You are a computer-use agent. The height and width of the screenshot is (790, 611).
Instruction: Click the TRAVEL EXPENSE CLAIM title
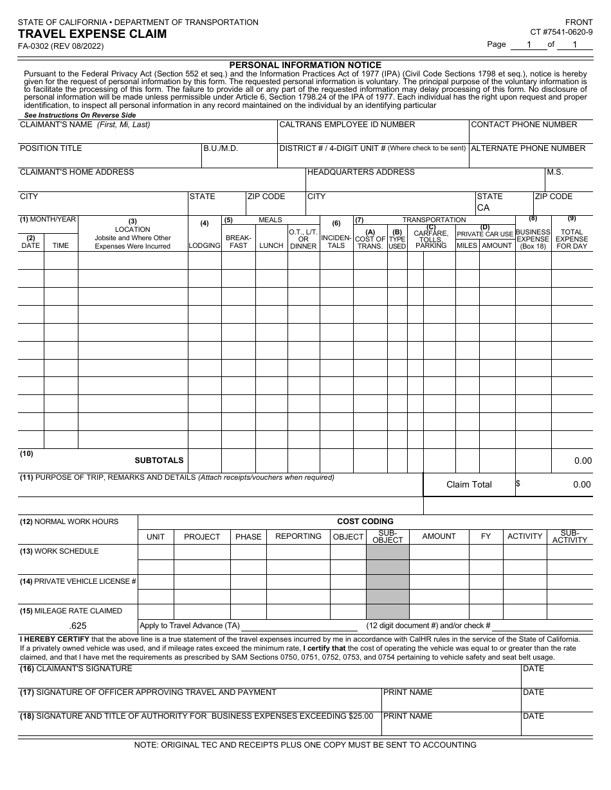click(x=92, y=34)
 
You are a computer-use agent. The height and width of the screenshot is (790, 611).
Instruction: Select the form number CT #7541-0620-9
click(x=561, y=31)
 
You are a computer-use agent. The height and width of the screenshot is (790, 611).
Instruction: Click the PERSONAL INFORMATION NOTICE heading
click(x=305, y=65)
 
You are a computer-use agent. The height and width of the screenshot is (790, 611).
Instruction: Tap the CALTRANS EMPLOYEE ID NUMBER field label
click(x=347, y=125)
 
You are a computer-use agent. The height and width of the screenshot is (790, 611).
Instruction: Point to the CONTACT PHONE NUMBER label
click(x=524, y=125)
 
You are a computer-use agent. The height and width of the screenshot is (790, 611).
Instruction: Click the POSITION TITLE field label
click(x=51, y=148)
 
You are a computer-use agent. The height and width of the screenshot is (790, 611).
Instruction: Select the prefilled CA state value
click(x=483, y=207)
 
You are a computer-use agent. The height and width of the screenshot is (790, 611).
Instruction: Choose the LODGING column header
click(x=205, y=246)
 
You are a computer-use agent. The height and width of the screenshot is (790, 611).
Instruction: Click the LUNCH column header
click(x=271, y=246)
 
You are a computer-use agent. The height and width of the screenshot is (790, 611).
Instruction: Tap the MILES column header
click(x=467, y=245)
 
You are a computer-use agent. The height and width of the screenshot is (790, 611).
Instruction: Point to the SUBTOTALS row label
click(x=159, y=461)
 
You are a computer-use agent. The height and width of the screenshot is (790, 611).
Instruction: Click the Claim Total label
click(x=469, y=485)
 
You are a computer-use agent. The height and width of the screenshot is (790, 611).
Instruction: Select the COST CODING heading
click(x=365, y=522)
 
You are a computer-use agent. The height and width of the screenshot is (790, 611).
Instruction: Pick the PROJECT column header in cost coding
click(x=202, y=537)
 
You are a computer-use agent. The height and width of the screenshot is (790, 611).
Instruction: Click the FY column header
click(x=486, y=536)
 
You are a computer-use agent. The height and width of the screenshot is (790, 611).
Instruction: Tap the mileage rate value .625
click(x=78, y=626)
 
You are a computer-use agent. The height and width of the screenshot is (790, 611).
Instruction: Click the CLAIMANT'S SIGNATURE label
click(x=76, y=669)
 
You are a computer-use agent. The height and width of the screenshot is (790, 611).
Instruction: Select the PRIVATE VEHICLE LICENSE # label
click(x=78, y=581)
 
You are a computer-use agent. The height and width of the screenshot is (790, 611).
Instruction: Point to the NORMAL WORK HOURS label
click(x=69, y=522)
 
